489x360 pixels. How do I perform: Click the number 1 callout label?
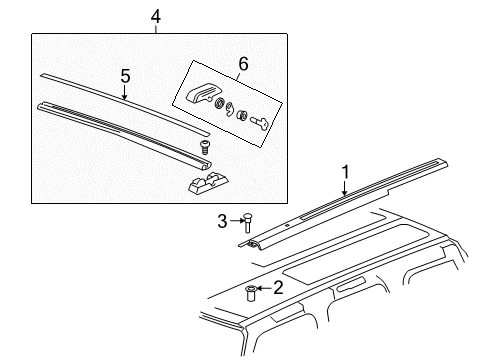point(345,171)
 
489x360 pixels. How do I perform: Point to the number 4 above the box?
point(154,15)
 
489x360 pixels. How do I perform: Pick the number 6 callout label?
point(240,63)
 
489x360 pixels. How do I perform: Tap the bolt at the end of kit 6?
point(262,122)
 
